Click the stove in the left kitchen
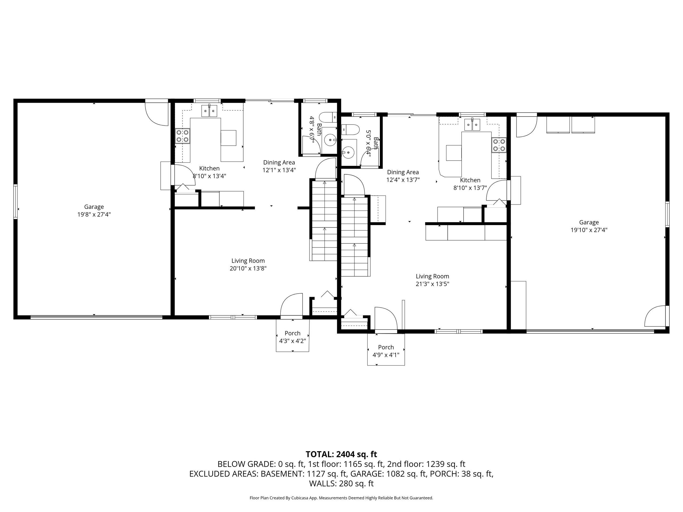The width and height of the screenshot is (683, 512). (x=182, y=136)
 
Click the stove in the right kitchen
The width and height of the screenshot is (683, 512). (x=499, y=145)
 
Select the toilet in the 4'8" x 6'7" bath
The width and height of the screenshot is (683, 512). (x=328, y=118)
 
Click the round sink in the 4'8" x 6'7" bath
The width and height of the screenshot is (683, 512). (x=331, y=141)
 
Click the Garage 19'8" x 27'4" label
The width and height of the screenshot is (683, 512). (x=94, y=210)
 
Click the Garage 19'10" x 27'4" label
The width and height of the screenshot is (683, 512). (x=589, y=226)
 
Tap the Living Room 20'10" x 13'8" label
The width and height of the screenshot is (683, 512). (x=248, y=265)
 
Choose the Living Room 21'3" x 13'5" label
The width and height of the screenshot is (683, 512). (x=432, y=280)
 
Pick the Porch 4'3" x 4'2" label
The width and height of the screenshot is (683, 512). (x=292, y=337)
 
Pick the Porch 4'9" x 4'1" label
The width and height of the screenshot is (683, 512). (x=386, y=351)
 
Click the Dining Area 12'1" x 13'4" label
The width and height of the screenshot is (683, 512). (x=279, y=166)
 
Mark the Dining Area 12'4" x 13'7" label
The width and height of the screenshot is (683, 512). (x=403, y=176)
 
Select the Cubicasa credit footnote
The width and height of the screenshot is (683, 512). (x=341, y=498)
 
